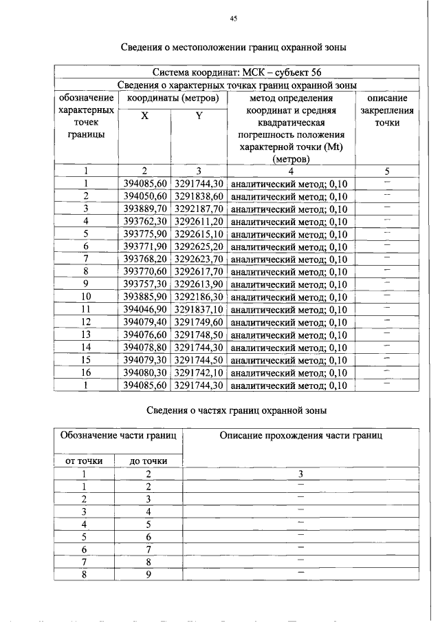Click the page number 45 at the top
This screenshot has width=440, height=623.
tap(233, 19)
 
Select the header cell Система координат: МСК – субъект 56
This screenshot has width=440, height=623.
tap(236, 72)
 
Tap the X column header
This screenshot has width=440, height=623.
tap(144, 116)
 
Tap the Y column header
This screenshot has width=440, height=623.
tap(198, 116)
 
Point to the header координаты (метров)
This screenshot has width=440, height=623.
tap(172, 98)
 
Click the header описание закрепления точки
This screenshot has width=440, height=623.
tap(387, 110)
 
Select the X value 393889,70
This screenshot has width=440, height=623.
tap(145, 209)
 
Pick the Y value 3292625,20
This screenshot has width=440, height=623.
tap(199, 246)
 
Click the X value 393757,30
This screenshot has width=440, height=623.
tap(145, 284)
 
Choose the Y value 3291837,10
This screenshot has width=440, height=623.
tap(199, 310)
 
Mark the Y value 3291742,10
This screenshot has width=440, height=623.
tap(199, 373)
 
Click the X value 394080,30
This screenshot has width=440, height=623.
tap(145, 373)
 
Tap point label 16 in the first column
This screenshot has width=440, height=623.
tap(87, 373)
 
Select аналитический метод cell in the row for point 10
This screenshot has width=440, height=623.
tap(289, 297)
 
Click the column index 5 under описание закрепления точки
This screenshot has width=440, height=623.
tap(387, 171)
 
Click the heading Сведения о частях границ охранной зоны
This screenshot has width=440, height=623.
tap(237, 411)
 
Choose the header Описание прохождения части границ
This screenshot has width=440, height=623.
tap(301, 435)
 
